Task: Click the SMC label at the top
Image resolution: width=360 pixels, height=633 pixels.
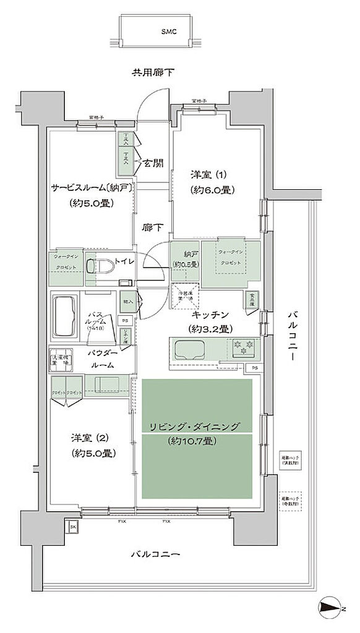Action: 169,31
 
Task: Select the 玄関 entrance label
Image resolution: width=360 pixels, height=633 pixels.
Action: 154,163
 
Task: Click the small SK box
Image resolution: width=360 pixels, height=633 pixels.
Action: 72,526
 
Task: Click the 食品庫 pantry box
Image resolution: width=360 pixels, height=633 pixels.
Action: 252,299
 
